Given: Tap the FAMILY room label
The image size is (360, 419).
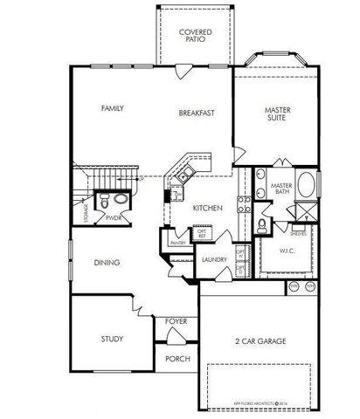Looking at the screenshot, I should pos(112,108).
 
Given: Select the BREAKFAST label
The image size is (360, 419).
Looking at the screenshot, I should pos(197,113).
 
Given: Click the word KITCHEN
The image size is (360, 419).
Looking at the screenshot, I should pos(206,208).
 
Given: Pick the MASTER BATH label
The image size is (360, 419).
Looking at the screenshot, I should pos(280,189).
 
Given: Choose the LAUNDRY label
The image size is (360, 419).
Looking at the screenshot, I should pos(214,259).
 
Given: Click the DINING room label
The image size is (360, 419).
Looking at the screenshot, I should pos(107,262).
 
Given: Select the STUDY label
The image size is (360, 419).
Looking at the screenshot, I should pos(112,339).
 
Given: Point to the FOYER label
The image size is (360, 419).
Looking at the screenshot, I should pos(176,321).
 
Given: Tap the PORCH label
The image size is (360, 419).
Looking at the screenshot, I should pos(176,358).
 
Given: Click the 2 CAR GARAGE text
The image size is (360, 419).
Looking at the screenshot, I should pos(261,340).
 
